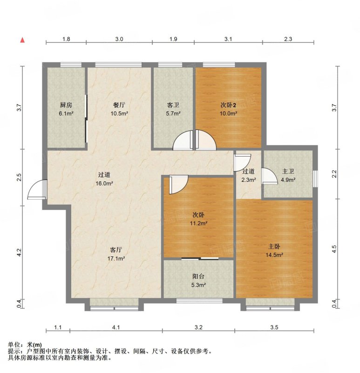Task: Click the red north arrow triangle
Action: click(x=22, y=40)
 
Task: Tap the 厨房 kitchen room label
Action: click(x=66, y=105)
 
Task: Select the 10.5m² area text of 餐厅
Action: click(x=119, y=113)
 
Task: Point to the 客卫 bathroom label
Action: click(x=173, y=105)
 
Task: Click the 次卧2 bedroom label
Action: click(x=228, y=105)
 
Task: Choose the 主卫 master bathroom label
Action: click(x=288, y=171)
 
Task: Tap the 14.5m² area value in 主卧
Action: click(x=274, y=255)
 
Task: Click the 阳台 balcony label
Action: click(x=198, y=276)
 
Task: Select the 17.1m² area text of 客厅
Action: click(x=116, y=258)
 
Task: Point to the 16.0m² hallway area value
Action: click(x=104, y=183)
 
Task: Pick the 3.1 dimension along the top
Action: click(x=228, y=39)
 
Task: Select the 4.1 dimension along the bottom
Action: click(x=116, y=327)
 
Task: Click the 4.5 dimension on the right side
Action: click(x=334, y=249)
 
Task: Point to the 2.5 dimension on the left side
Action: click(x=19, y=178)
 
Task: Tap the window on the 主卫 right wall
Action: click(x=315, y=179)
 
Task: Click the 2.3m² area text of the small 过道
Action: click(x=249, y=180)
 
